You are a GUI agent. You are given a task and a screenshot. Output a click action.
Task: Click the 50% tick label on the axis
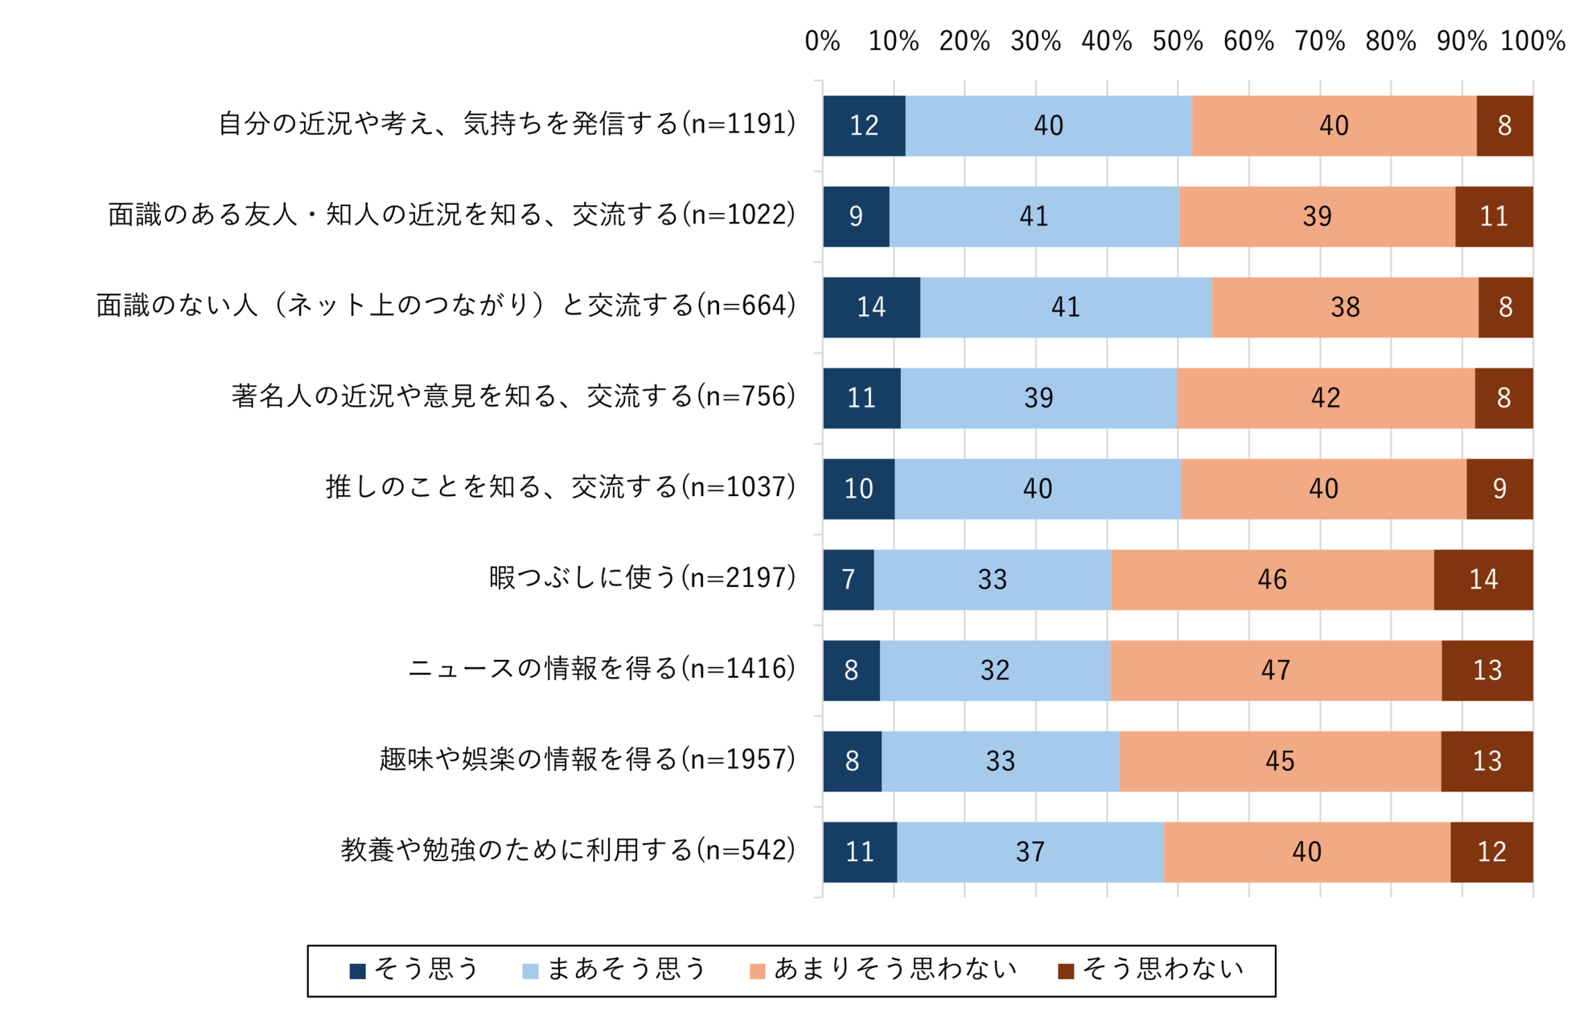coord(1177,41)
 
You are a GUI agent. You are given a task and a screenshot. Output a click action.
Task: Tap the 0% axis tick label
coord(822,41)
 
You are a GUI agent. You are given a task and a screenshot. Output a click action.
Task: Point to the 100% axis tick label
coord(1532,41)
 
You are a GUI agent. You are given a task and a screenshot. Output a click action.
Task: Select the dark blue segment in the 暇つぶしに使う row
coord(848,580)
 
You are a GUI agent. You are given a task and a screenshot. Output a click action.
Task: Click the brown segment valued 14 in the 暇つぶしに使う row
coord(1482,580)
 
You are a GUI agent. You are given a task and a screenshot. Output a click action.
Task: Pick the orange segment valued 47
coord(1276,671)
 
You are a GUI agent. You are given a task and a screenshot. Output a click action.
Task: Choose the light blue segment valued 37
coord(1030,852)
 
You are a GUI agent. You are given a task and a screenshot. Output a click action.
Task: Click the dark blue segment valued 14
coord(871,307)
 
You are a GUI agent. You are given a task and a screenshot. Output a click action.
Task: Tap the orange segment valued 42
coord(1325,398)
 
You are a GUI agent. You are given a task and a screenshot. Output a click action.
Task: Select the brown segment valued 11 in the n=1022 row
coord(1493,216)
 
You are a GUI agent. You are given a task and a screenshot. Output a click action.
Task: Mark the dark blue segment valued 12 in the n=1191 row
coord(864,125)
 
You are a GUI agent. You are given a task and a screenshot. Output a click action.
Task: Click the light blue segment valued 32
coord(994,671)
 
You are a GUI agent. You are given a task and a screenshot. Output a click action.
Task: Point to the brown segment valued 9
coord(1499,489)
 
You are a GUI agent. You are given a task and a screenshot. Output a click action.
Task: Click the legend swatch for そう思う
coord(358,971)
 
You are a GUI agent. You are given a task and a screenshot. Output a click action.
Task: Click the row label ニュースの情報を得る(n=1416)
coord(602,669)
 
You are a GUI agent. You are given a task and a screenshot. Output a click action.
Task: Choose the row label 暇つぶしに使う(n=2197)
coord(642,578)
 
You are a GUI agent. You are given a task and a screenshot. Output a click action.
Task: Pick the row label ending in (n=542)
coord(568,851)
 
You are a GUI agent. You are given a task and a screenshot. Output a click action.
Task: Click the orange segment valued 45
coord(1279,761)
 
